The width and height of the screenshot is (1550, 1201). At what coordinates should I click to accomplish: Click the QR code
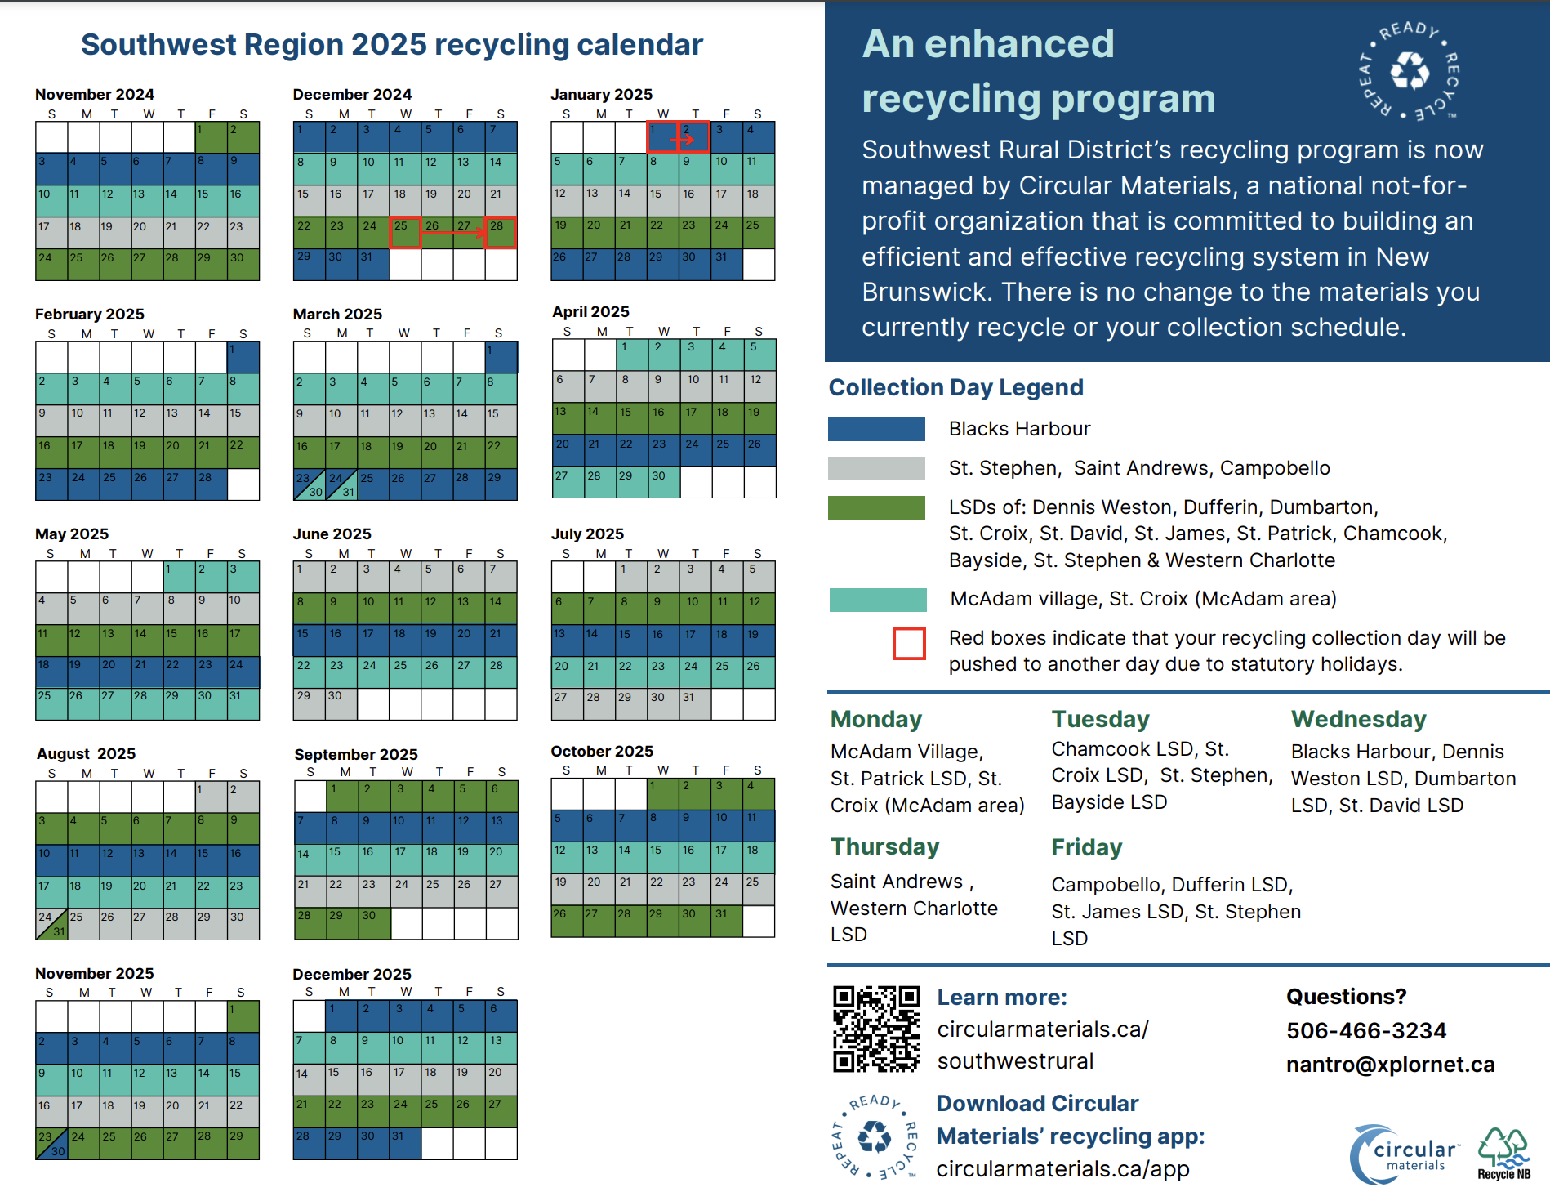coord(876,1029)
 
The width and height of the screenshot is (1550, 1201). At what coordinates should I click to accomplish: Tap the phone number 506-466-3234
coord(1366,1030)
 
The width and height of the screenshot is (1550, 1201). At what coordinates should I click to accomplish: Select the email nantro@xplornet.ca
coord(1390,1064)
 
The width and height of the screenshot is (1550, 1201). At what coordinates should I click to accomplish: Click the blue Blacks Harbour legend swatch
coord(876,429)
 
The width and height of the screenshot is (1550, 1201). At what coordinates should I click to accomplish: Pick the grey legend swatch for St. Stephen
coord(876,468)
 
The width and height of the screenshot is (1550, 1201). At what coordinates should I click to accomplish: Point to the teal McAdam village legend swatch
coord(878,600)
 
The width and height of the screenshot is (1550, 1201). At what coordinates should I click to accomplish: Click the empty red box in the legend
coord(909,643)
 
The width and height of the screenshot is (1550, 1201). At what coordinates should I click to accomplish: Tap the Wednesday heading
coord(1358,719)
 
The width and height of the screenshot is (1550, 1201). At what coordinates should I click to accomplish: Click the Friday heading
coord(1086,847)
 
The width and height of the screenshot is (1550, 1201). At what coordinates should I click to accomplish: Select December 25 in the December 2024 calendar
coord(405,232)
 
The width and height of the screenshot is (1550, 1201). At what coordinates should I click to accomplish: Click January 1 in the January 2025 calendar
coord(662,136)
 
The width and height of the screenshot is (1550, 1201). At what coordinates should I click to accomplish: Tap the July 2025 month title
coord(587,534)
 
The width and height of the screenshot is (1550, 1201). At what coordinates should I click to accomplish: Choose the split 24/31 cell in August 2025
coord(51,924)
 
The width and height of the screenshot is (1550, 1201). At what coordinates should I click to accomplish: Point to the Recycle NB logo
coord(1504,1154)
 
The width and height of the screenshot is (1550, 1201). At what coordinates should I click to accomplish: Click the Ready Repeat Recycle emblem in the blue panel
coord(1410,71)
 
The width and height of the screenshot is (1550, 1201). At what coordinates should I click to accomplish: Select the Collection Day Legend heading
coord(955,387)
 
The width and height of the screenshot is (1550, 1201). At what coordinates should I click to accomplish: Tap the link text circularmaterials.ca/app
coord(1062,1169)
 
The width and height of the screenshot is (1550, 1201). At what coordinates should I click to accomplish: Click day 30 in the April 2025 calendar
coord(664,482)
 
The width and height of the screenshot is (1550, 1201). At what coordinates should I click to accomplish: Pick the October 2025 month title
coord(602,751)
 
